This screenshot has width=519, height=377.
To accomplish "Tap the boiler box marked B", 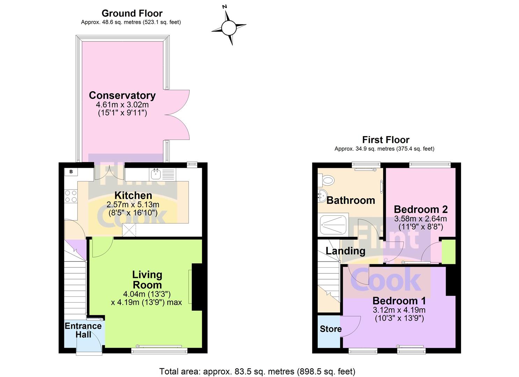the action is (71, 172).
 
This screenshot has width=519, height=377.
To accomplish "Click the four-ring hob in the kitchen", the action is (71, 196).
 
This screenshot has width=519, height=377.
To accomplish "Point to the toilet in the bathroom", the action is (326, 180).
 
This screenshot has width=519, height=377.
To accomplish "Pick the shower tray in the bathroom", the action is (333, 224).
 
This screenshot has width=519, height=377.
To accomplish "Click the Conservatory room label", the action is (122, 95).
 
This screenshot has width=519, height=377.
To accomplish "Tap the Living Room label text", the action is (147, 280).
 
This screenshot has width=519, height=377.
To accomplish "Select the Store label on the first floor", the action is (331, 329).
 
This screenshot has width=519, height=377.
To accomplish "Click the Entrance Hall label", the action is (83, 330).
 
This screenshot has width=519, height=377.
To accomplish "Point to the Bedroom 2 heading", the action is (421, 209).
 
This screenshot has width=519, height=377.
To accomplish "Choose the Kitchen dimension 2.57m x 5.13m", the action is (133, 205).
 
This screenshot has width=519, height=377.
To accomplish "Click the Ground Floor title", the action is (132, 13).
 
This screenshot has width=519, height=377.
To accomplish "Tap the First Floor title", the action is (386, 140).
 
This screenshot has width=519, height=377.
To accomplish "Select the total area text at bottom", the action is (257, 371).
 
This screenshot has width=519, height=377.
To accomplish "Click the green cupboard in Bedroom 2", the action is (448, 252).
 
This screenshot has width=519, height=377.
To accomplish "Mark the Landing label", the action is (345, 251).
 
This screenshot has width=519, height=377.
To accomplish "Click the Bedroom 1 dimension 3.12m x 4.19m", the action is (399, 310).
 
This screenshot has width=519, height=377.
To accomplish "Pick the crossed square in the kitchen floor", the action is (129, 230).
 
